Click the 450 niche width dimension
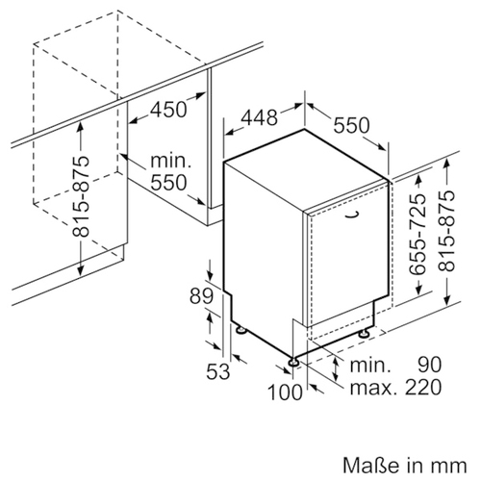(168, 110)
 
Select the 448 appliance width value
(259, 117)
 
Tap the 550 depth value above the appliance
(351, 125)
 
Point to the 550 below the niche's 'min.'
(168, 183)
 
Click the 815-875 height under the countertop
(80, 196)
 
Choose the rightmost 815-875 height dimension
(446, 231)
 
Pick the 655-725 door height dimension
(418, 235)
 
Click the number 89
(201, 295)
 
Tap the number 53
(218, 371)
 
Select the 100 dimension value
(285, 392)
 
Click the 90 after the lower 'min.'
(430, 365)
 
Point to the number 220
(423, 387)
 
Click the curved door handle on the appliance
(353, 215)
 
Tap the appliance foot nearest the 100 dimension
(294, 362)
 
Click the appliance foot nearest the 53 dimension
(241, 330)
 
